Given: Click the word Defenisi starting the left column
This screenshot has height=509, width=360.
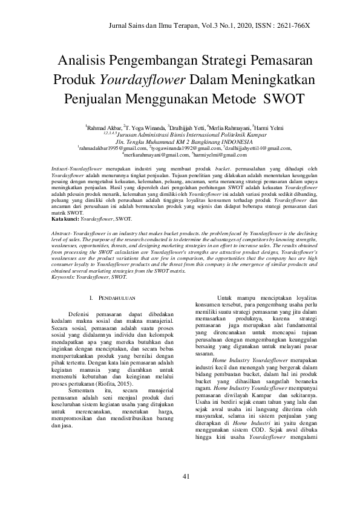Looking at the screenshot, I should click(x=83, y=314).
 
